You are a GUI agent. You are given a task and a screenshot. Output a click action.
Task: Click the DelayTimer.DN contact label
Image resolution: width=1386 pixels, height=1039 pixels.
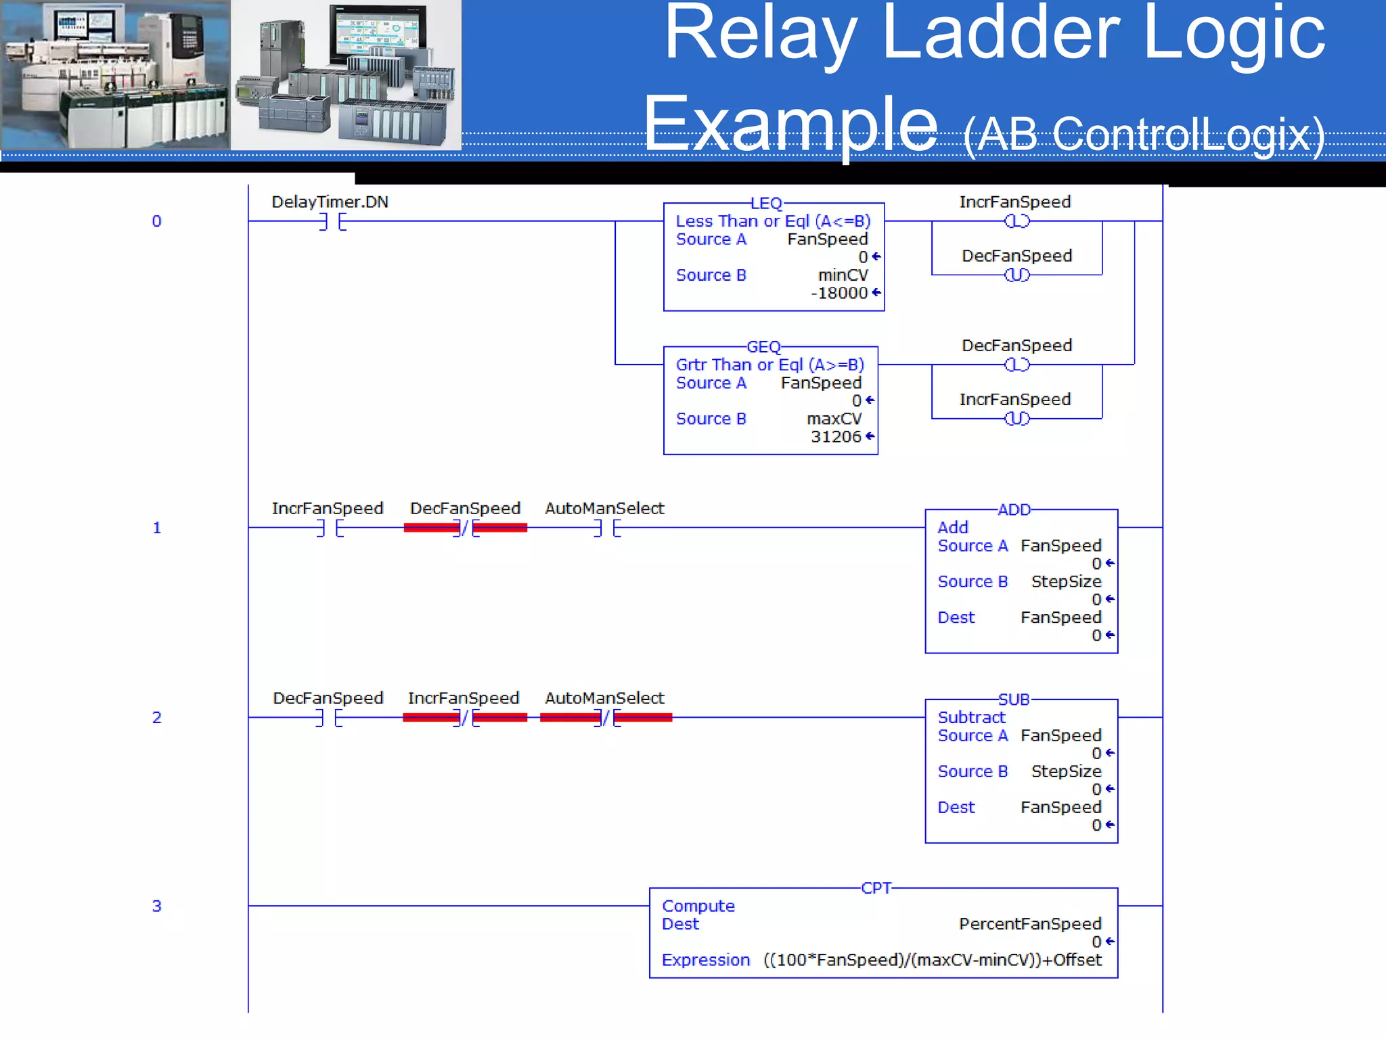(330, 202)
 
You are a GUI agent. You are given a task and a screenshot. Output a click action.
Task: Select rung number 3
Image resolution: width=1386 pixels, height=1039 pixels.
(156, 906)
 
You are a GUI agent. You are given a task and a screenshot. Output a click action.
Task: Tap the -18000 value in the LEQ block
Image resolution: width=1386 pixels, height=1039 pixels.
(839, 293)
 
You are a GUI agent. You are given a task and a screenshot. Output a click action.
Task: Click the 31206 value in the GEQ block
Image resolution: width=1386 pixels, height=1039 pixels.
(836, 437)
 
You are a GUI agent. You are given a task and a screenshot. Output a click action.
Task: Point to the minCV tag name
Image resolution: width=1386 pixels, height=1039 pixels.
(843, 275)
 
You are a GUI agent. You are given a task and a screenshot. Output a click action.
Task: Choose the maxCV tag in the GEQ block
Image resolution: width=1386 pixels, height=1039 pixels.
(834, 419)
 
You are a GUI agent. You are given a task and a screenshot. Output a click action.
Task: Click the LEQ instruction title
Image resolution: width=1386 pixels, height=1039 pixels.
(766, 204)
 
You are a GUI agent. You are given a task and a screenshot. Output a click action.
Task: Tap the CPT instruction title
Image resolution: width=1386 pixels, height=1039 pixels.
(876, 888)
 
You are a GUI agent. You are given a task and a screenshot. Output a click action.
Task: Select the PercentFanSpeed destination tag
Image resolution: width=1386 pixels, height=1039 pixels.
(1030, 924)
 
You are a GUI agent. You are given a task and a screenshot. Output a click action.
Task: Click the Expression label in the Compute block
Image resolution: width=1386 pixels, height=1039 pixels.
(705, 960)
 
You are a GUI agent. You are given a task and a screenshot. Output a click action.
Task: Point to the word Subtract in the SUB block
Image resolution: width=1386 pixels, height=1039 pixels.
(971, 717)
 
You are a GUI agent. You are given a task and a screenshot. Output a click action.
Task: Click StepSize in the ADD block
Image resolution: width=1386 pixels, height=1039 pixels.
(1066, 582)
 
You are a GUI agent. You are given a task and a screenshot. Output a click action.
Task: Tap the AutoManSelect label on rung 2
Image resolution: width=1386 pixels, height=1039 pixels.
(604, 698)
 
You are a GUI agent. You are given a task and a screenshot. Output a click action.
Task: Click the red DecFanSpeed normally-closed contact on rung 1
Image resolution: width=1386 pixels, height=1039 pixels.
(466, 528)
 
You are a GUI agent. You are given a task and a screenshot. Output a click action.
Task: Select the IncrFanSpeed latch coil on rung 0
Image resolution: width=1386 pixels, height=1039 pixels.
(1016, 221)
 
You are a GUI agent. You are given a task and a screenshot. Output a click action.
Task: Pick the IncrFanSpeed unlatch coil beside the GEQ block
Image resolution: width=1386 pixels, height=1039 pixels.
(1016, 419)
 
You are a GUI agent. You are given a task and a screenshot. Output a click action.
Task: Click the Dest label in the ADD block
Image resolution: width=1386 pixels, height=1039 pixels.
(956, 618)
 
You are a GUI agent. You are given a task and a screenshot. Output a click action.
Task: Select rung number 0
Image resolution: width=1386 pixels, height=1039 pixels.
(156, 221)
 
